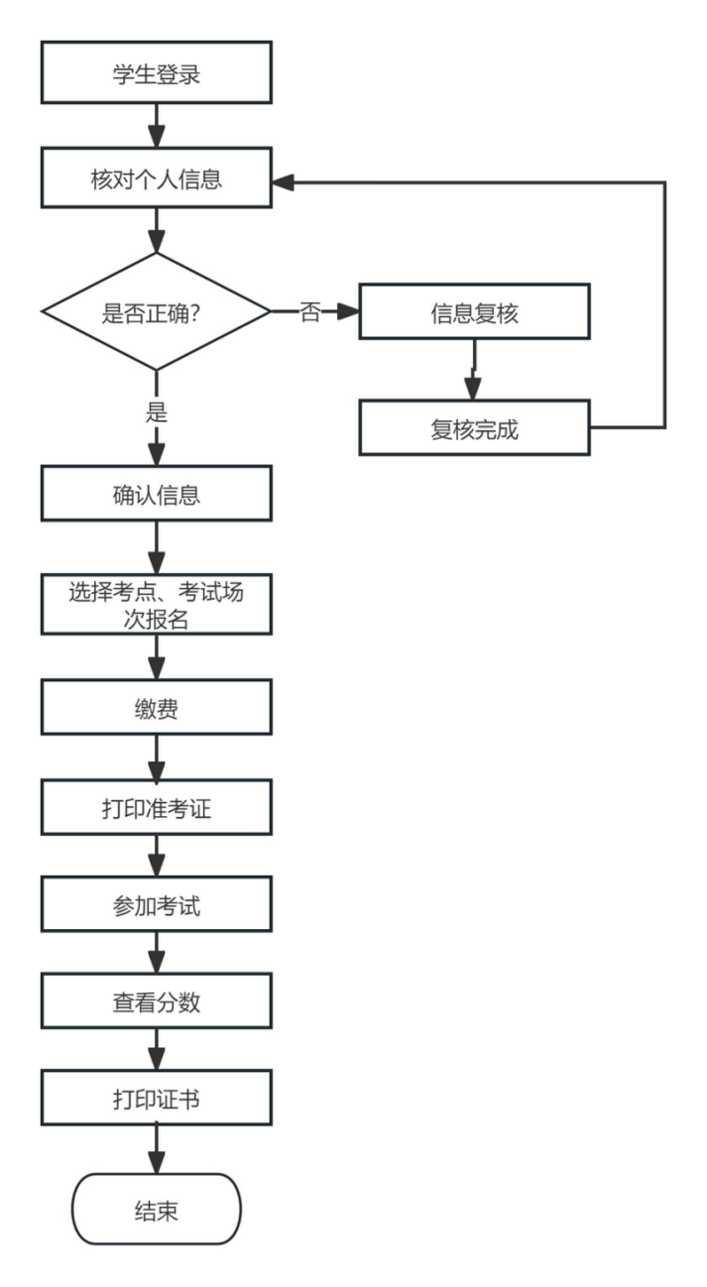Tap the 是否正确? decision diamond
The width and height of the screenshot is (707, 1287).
pos(156,312)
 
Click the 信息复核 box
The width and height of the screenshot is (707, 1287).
pos(474,312)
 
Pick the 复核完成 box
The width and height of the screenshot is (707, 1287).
pos(474,428)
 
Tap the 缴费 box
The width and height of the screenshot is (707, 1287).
pos(156,708)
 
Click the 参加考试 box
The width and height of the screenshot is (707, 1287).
pos(156,905)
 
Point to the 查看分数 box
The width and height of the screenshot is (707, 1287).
pos(156,1001)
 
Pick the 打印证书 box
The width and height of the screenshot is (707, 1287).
pos(156,1101)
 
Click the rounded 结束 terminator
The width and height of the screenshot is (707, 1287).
pos(156,1209)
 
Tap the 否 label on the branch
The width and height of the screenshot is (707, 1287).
pos(309,313)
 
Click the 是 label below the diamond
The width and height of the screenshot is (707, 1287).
pos(156,412)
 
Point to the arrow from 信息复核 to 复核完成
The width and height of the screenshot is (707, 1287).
pos(474,370)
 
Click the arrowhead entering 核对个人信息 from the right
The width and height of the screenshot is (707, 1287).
pos(284,182)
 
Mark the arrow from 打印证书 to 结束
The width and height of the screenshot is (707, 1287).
pos(156,1153)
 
